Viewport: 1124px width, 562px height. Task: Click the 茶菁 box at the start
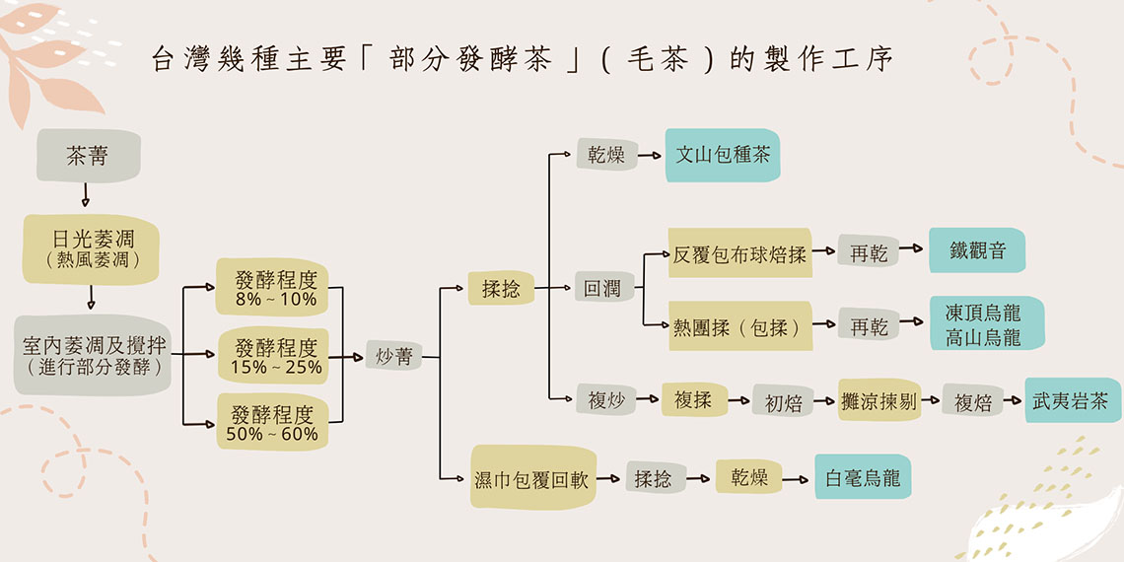88,156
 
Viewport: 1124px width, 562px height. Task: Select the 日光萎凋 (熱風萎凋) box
90,248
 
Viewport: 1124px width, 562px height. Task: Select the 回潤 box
601,289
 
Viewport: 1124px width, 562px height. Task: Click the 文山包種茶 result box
722,156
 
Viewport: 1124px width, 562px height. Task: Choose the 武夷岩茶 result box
1072,401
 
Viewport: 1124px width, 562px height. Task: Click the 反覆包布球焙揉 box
740,254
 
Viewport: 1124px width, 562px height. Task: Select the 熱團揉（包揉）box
740,326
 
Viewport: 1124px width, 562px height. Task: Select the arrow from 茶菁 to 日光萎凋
85,197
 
